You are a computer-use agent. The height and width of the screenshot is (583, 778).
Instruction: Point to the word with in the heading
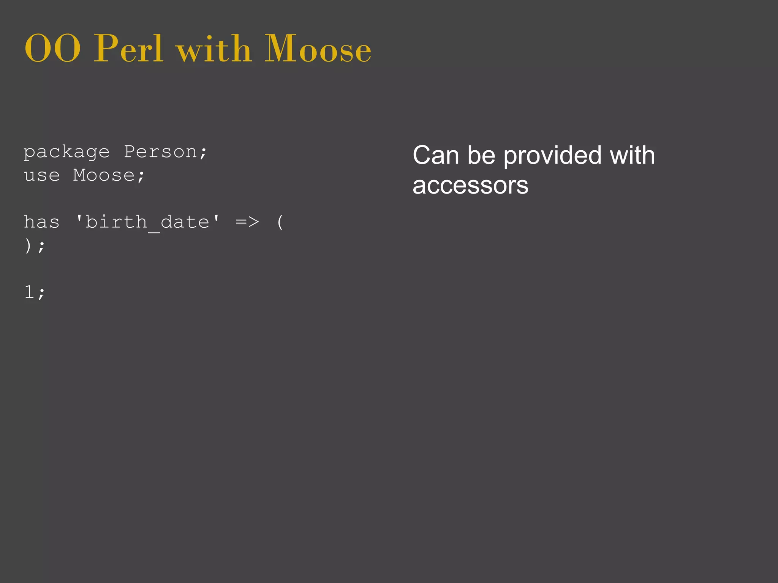click(x=214, y=49)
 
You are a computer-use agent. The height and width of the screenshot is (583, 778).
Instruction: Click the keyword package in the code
click(x=66, y=153)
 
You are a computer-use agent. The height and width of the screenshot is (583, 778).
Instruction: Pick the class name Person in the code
click(x=160, y=152)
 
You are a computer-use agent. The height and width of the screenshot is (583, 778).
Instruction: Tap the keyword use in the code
click(x=42, y=175)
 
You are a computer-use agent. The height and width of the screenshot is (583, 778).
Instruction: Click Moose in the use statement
click(x=104, y=175)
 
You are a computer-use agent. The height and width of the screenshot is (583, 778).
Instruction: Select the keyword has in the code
click(x=42, y=222)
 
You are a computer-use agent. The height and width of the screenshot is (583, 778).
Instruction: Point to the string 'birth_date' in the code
click(x=147, y=222)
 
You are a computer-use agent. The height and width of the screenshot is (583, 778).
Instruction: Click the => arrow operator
click(x=247, y=222)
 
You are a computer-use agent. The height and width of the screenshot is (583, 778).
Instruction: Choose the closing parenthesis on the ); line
click(x=28, y=246)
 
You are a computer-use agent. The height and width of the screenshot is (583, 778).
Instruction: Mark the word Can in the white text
click(x=436, y=156)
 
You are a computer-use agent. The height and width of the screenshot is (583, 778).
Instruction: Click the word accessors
click(x=470, y=186)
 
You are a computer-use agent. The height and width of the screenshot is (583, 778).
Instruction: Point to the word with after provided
click(x=633, y=156)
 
